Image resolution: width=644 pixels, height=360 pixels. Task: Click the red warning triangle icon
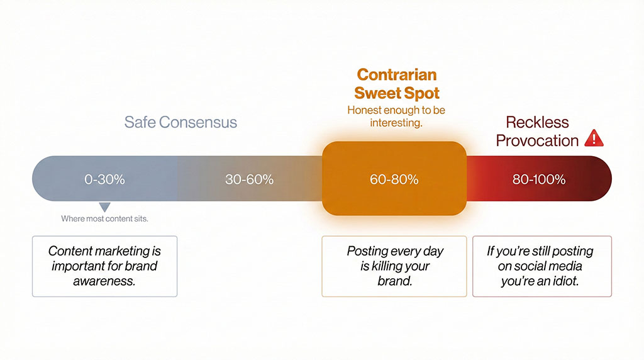coord(593,138)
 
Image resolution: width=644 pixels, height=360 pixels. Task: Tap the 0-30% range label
coord(104,179)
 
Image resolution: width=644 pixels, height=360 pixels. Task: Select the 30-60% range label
coord(249,179)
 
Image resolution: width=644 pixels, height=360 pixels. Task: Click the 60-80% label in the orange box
coord(394,179)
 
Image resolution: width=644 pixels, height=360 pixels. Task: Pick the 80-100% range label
coord(539,179)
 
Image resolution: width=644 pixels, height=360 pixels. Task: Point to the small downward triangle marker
coord(105,206)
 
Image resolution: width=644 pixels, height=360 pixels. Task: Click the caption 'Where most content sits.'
coord(105,219)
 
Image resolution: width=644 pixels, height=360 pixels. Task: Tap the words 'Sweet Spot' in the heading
coord(397,93)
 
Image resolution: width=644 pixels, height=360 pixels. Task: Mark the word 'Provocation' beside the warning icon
coord(537,140)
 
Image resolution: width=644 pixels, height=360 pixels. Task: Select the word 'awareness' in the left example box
coord(104,281)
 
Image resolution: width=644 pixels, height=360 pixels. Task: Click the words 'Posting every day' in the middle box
coord(395,251)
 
